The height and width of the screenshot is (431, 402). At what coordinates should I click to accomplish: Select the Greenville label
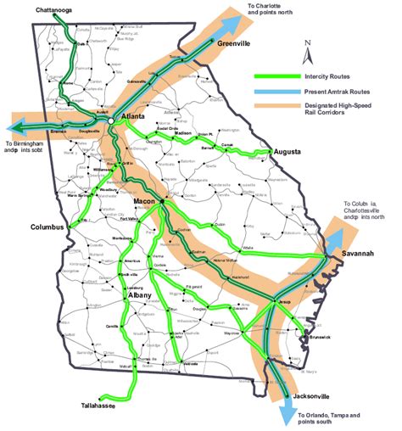pos(234,43)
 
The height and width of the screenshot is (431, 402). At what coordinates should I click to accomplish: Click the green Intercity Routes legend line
pos(282,76)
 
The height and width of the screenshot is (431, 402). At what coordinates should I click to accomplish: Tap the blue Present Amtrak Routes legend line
pos(282,91)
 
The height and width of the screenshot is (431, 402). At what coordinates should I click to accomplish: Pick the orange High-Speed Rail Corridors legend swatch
pos(282,106)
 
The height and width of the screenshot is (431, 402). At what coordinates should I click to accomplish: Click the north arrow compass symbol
pos(310,52)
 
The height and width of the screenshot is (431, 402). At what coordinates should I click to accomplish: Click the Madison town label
pos(182,134)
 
